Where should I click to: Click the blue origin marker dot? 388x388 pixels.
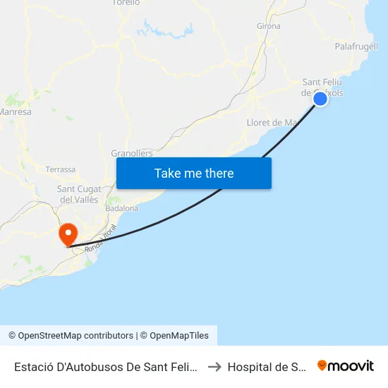(x=320, y=99)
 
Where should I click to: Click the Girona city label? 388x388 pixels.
(x=269, y=26)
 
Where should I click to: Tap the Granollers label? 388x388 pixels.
(x=132, y=153)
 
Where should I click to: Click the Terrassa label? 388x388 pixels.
(x=60, y=169)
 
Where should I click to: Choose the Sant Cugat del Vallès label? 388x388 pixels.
(x=79, y=194)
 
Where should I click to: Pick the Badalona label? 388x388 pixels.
(x=121, y=208)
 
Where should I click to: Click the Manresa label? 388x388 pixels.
(x=16, y=111)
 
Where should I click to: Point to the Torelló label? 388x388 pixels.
(x=126, y=3)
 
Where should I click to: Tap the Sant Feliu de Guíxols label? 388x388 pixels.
(x=323, y=87)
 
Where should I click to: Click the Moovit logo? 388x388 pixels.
(x=346, y=365)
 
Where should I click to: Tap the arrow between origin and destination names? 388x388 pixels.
(x=214, y=366)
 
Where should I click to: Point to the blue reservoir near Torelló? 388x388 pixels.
(x=166, y=30)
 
